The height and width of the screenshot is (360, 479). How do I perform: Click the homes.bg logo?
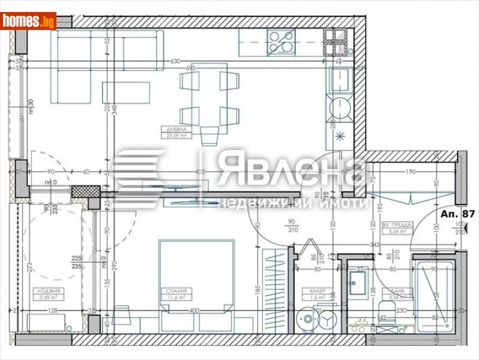[x=28, y=21]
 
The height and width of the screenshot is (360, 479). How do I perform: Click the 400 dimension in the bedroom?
[x=194, y=310]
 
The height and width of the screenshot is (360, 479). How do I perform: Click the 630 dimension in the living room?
[x=175, y=61]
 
